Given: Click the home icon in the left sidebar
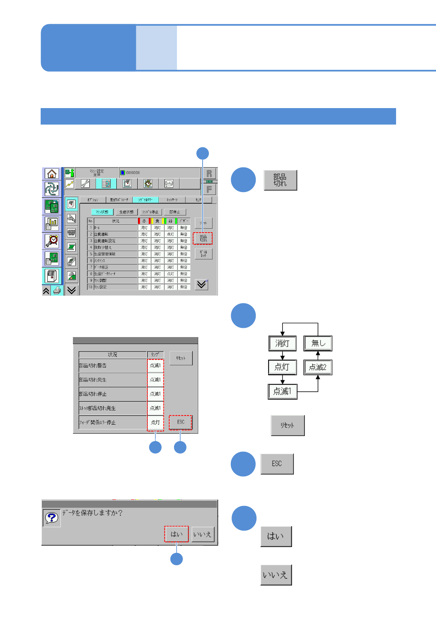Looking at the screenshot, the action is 52,174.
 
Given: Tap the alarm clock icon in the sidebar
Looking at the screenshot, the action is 52,241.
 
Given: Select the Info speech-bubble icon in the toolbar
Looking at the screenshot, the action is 169,184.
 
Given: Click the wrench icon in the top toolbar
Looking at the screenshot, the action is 85,184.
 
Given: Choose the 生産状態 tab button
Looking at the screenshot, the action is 126,212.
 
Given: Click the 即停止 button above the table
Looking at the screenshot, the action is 175,212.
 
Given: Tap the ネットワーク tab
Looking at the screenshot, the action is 172,200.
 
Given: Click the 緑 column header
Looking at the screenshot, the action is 170,221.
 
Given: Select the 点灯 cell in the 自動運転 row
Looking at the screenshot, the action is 170,234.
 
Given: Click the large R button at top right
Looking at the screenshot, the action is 209,174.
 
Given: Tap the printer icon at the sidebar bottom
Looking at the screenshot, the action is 57,291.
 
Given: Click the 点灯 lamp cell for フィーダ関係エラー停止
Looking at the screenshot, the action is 155,422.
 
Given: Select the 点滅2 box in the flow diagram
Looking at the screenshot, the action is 318,367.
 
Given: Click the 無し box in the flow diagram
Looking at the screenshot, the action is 318,343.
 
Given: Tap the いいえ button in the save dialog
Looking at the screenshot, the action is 202,535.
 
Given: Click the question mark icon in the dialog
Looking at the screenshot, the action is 52,518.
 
